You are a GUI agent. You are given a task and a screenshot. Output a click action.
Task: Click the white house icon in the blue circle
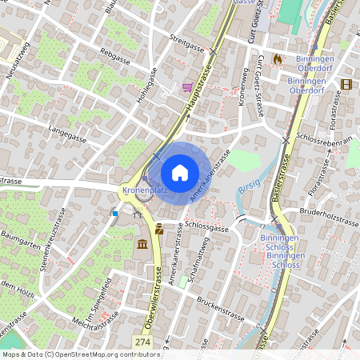(x=179, y=172)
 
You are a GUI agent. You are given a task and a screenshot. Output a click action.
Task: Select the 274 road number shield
(x=142, y=342)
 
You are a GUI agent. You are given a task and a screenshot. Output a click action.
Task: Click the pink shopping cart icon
(x=186, y=87)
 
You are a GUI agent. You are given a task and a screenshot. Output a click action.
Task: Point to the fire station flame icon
(x=278, y=59)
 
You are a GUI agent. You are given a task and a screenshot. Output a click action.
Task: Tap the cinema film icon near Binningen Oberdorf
(x=346, y=83)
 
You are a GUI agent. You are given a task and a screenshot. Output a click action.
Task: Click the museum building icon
(x=142, y=243)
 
